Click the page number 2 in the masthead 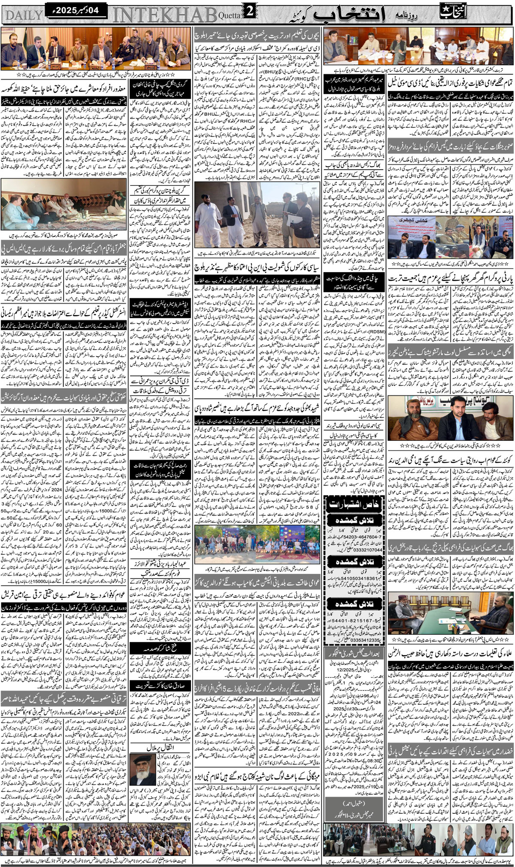coord(250,13)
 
